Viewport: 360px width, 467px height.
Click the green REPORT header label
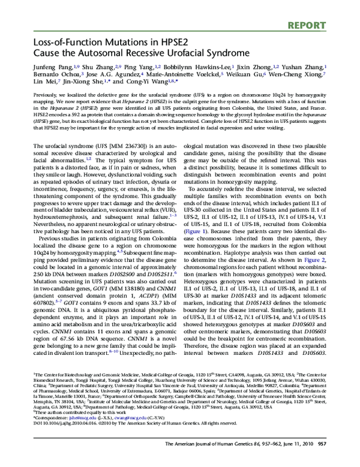click(332, 9)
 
